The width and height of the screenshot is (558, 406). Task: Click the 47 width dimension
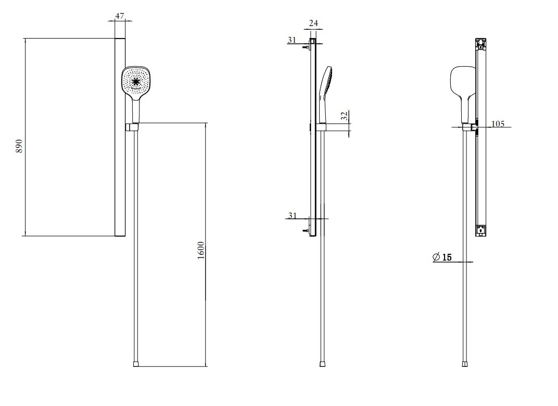click(x=120, y=16)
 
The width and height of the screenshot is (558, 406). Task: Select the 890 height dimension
click(x=19, y=146)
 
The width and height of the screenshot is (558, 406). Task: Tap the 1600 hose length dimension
click(x=201, y=250)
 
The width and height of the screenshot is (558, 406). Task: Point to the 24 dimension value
click(x=313, y=23)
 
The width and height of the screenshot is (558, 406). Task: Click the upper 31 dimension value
click(x=292, y=40)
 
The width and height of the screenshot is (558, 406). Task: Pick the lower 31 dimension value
click(x=292, y=215)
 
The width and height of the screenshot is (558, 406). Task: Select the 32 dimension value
click(x=344, y=116)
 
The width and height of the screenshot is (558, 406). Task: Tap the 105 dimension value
click(x=498, y=124)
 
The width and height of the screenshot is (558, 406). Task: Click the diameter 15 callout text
click(x=442, y=257)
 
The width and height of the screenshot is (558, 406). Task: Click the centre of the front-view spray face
click(x=135, y=82)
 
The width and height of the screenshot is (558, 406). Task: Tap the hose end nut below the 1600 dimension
click(x=136, y=364)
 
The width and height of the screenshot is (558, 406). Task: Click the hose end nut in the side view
click(x=322, y=364)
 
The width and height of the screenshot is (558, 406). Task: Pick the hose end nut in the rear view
click(x=465, y=364)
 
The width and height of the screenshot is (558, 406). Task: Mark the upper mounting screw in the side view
click(x=305, y=46)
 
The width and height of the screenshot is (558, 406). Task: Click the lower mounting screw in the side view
click(x=305, y=231)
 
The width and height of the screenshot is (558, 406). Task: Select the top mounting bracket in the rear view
click(x=481, y=44)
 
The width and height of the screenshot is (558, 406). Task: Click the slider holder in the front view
click(x=132, y=127)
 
